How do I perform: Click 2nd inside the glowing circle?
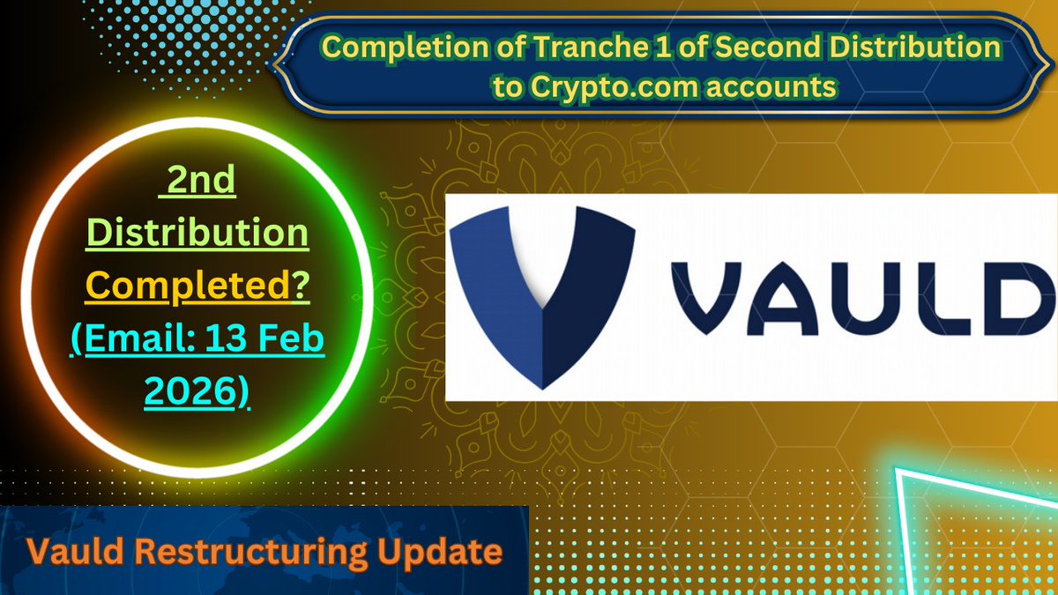[x=202, y=182]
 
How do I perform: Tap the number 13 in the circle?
[x=235, y=338]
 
